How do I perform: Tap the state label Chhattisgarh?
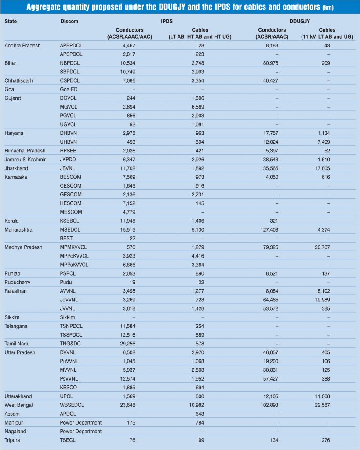tap(18, 81)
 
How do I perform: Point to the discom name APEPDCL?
tap(73, 46)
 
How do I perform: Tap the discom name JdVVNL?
tap(70, 300)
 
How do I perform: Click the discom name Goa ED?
tap(69, 90)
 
